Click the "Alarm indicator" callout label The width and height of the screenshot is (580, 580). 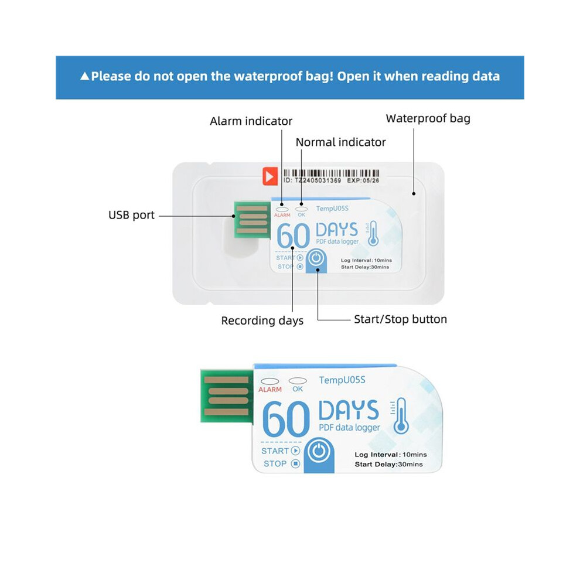(x=251, y=121)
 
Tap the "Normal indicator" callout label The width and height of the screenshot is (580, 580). (x=340, y=142)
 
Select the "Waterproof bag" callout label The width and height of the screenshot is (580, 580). (x=428, y=118)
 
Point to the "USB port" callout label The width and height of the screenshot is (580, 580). (x=131, y=215)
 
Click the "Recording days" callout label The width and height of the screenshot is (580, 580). (x=262, y=320)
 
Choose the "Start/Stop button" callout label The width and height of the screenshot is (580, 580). (x=400, y=319)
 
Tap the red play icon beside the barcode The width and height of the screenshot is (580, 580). (x=270, y=176)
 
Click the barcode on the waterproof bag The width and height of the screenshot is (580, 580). (x=331, y=173)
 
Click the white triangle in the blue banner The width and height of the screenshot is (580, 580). (x=85, y=76)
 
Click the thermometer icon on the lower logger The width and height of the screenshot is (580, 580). (x=400, y=416)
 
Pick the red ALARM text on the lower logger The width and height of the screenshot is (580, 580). (x=269, y=390)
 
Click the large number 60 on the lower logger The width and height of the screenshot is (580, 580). (x=285, y=419)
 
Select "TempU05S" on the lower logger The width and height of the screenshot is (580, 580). (x=342, y=380)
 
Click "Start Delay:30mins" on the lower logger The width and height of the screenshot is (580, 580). (x=388, y=464)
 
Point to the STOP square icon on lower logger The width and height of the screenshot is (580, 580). (x=295, y=463)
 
